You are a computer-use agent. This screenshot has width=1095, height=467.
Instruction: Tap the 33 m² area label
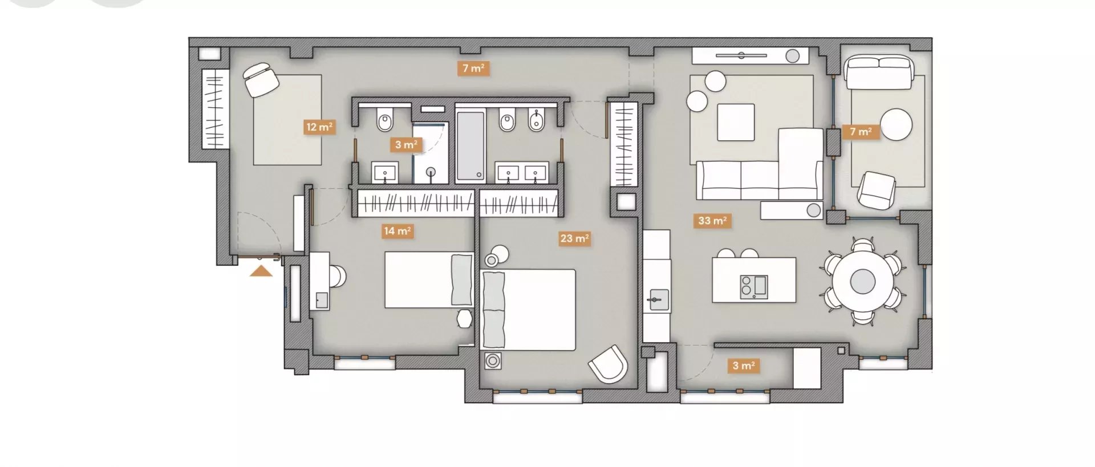(x=712, y=221)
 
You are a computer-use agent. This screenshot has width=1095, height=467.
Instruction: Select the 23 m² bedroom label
(x=574, y=238)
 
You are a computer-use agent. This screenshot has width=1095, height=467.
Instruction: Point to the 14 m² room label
(x=397, y=231)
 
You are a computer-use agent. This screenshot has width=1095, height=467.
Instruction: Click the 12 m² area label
(x=319, y=127)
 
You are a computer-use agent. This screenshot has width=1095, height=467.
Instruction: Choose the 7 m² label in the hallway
(x=473, y=68)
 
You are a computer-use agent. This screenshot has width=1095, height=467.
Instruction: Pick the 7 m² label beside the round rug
(x=861, y=132)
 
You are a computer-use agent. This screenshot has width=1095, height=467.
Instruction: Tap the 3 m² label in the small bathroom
(x=405, y=145)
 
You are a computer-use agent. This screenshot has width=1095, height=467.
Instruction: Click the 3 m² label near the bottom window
(x=744, y=366)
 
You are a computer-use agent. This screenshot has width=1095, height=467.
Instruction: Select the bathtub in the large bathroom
(x=471, y=147)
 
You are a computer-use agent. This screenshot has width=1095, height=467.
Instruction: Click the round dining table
(x=862, y=281)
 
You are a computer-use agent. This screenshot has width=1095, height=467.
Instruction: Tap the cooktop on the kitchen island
(x=753, y=287)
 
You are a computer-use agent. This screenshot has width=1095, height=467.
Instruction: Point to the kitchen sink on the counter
(x=658, y=299)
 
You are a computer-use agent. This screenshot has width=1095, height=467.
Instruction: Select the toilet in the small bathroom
(x=385, y=120)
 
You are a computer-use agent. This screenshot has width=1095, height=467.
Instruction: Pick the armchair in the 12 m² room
(x=261, y=79)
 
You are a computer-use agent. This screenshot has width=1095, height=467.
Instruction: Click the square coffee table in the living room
(x=736, y=122)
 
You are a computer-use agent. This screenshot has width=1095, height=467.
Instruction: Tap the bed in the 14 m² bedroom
(x=429, y=280)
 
